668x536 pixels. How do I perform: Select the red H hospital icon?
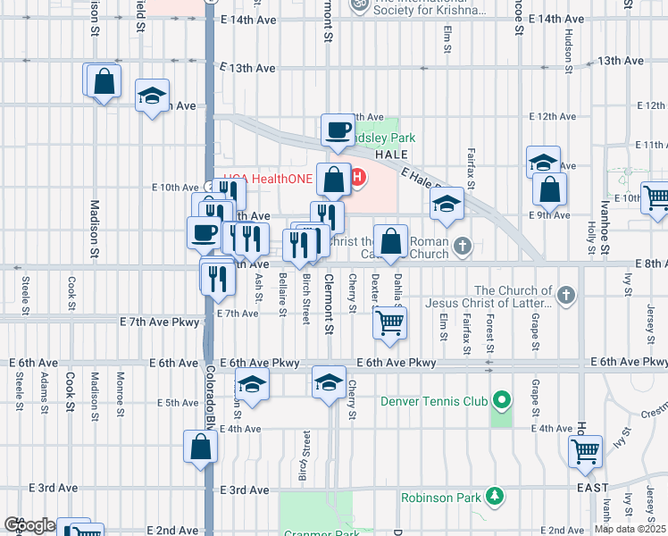point(358,178)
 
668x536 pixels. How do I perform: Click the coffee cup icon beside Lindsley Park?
point(338,130)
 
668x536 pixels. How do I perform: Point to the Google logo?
point(29,526)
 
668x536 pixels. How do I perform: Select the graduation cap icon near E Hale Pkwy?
point(447,204)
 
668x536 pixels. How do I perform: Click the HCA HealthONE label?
point(268,179)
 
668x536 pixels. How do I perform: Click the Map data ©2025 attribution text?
point(630,529)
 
